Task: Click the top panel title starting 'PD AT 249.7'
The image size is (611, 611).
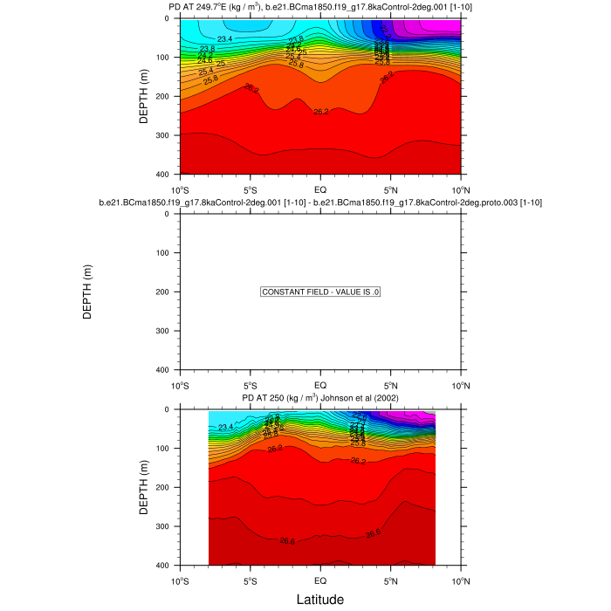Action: point(320,8)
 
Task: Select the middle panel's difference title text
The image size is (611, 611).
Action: point(320,203)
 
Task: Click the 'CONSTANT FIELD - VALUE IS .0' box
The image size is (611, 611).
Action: point(320,292)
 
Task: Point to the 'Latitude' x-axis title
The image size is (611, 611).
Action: point(320,600)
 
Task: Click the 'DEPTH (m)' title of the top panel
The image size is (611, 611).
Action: point(145,96)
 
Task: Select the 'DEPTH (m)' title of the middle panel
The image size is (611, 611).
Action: point(87,292)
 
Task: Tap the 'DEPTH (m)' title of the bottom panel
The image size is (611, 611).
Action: point(145,487)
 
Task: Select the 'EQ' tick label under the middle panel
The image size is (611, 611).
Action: point(320,385)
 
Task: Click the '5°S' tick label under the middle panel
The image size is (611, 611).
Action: point(250,385)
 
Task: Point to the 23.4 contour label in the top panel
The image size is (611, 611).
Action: point(225,39)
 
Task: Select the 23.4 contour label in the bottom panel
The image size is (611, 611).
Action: point(226,427)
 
